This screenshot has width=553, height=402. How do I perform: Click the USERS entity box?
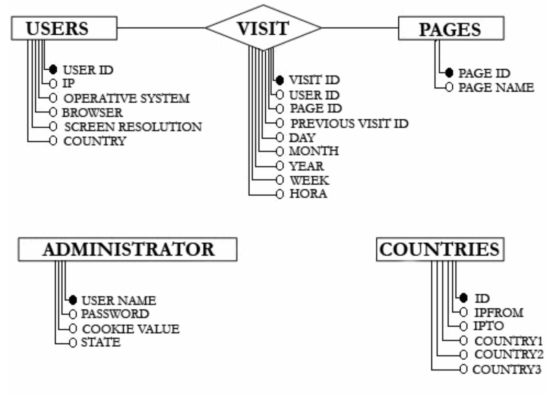(x=64, y=28)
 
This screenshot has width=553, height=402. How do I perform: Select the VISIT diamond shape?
(x=263, y=28)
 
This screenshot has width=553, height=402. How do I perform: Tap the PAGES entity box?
(x=451, y=29)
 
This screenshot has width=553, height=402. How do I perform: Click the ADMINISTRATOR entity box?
(x=127, y=249)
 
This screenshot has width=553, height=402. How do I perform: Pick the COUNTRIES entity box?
(x=440, y=249)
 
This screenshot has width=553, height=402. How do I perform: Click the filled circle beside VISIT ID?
(x=280, y=80)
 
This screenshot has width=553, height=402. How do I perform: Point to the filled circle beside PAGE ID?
(x=449, y=73)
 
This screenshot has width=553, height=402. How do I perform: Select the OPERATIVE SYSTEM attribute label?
(x=126, y=98)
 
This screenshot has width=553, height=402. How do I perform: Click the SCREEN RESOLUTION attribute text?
(x=133, y=127)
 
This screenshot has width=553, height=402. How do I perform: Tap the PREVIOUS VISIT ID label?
(x=349, y=124)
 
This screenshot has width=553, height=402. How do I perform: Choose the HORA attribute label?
(x=308, y=194)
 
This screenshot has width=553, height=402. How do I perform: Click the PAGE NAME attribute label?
(x=496, y=88)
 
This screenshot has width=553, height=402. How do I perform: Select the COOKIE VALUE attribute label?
(x=130, y=329)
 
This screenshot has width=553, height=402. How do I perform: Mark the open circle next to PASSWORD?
(x=73, y=314)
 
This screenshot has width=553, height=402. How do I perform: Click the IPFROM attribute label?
(x=499, y=313)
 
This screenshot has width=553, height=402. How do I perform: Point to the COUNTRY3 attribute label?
(x=506, y=370)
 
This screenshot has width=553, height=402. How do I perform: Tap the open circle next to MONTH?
(x=280, y=151)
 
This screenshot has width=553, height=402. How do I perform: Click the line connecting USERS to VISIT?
(x=161, y=28)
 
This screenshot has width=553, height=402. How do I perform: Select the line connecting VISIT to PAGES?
(x=360, y=28)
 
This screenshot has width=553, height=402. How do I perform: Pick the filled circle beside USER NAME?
(x=73, y=300)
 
